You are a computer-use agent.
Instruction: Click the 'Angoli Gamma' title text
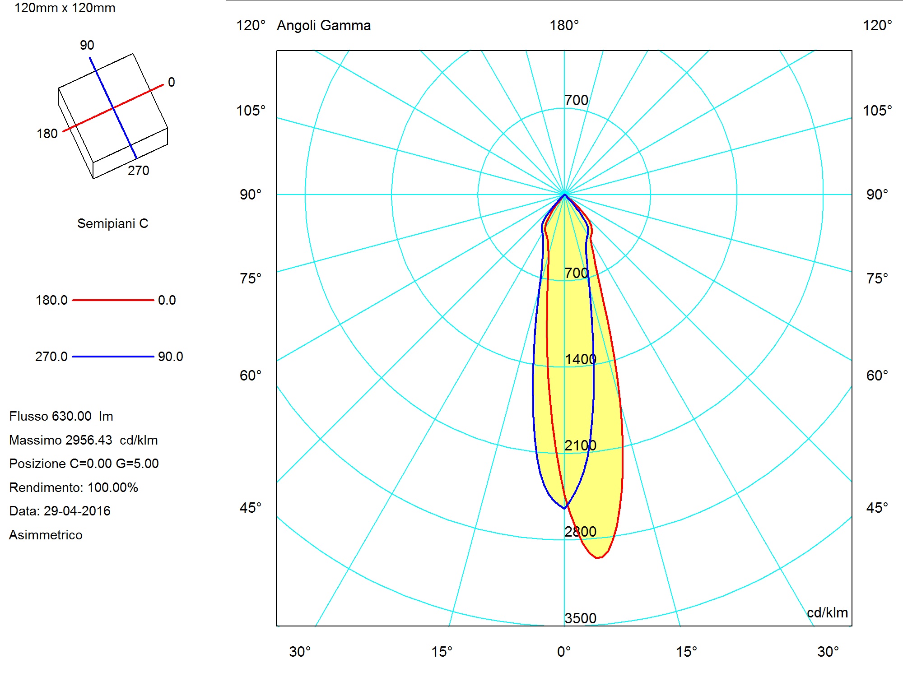pos(324,26)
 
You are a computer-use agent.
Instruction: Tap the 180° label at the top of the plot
pos(564,25)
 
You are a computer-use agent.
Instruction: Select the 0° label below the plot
pos(564,652)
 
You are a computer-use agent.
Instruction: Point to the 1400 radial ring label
pos(580,359)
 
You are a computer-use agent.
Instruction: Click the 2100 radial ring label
pos(580,445)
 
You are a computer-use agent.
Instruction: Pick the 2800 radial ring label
pos(580,532)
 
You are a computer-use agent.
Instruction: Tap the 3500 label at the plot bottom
pos(580,618)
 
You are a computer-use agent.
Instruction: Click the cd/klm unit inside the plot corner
pos(827,613)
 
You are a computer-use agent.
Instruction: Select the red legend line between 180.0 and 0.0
pos(113,300)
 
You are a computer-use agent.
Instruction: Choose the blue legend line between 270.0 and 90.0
pos(113,357)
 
